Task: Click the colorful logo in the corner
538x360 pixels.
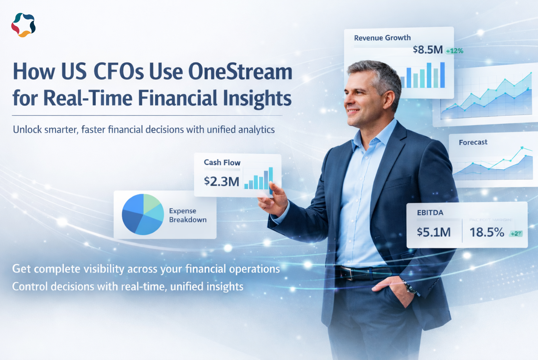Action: pyautogui.click(x=23, y=25)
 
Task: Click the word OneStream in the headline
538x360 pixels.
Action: pyautogui.click(x=240, y=72)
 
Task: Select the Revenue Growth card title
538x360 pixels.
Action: pyautogui.click(x=382, y=38)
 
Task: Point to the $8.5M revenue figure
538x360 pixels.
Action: pyautogui.click(x=428, y=50)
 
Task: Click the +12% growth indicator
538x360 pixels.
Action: pyautogui.click(x=455, y=51)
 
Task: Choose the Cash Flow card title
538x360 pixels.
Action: pyautogui.click(x=222, y=163)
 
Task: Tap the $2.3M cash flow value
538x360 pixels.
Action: pyautogui.click(x=221, y=182)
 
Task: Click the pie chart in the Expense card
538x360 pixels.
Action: pyautogui.click(x=143, y=214)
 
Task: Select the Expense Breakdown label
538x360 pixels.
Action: pyautogui.click(x=187, y=215)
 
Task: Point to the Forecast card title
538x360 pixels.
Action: pyautogui.click(x=473, y=142)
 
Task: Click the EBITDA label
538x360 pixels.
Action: pyautogui.click(x=430, y=213)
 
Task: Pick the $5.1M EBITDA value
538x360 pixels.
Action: pyautogui.click(x=434, y=232)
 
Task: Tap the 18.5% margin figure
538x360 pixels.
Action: pyautogui.click(x=487, y=232)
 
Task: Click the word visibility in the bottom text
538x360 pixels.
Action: pyautogui.click(x=103, y=269)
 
